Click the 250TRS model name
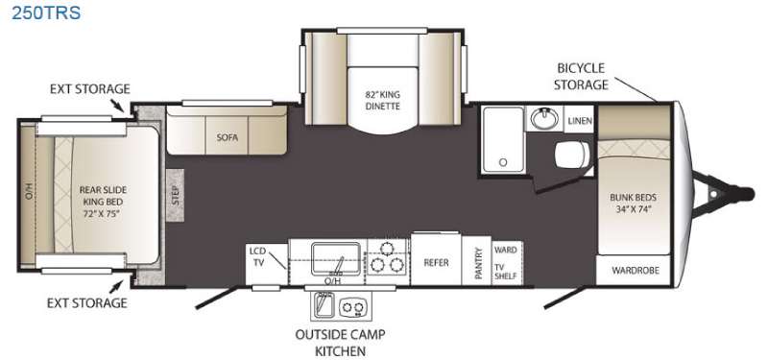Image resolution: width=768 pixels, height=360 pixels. (x=45, y=12)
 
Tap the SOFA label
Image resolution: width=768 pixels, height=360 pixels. (x=228, y=137)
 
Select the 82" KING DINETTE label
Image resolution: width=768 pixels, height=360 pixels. (x=382, y=101)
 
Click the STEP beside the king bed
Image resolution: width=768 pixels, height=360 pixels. (x=176, y=196)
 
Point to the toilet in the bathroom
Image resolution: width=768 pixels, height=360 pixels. (x=571, y=155)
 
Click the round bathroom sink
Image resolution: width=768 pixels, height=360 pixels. (x=544, y=118)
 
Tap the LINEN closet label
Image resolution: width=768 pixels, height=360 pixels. (x=580, y=121)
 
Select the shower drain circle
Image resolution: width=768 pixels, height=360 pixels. (x=501, y=161)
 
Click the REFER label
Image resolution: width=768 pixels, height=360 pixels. (x=436, y=263)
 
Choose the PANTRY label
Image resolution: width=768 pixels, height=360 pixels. (x=478, y=263)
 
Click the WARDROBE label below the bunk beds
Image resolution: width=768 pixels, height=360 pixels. (x=636, y=271)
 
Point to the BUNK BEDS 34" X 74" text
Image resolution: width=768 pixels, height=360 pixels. (x=633, y=204)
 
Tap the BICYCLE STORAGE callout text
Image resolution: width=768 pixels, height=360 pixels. (x=581, y=76)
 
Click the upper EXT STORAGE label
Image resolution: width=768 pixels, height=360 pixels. (x=89, y=88)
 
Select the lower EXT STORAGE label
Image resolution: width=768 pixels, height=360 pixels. (x=86, y=302)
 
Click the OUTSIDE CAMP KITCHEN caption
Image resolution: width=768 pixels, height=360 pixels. (x=340, y=343)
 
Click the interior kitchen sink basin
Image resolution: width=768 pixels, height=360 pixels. (x=337, y=257)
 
